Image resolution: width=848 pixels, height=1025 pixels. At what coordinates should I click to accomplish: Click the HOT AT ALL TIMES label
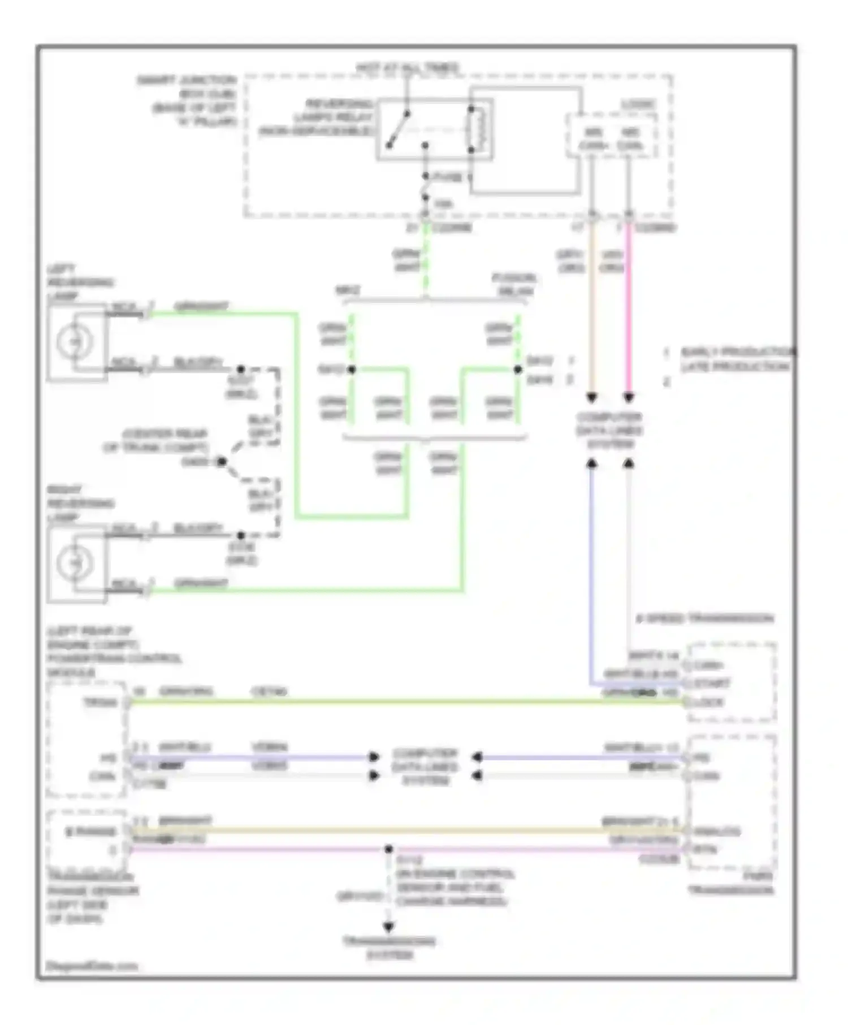pyautogui.click(x=407, y=68)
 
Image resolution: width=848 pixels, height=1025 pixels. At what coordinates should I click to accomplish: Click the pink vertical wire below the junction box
pyautogui.click(x=629, y=311)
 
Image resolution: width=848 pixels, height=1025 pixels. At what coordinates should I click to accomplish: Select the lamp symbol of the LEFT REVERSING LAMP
pyautogui.click(x=75, y=342)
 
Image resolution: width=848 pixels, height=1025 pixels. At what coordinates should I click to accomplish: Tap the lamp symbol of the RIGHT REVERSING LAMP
pyautogui.click(x=75, y=563)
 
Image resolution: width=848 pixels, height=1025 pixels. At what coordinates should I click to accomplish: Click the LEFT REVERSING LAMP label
pyautogui.click(x=79, y=282)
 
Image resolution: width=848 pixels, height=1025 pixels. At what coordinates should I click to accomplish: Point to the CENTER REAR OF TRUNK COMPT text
pyautogui.click(x=155, y=441)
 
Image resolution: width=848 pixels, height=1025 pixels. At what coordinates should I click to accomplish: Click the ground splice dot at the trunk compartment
pyautogui.click(x=222, y=462)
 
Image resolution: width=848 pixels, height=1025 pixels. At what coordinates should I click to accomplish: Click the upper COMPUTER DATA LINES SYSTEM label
pyautogui.click(x=609, y=431)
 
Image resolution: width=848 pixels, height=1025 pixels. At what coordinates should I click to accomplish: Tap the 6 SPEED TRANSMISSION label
pyautogui.click(x=704, y=619)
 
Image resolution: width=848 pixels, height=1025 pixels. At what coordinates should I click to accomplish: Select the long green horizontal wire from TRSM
pyautogui.click(x=396, y=702)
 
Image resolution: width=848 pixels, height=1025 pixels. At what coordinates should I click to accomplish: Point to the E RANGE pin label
pyautogui.click(x=90, y=832)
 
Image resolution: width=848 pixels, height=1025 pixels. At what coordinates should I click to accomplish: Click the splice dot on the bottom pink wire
pyautogui.click(x=388, y=849)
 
